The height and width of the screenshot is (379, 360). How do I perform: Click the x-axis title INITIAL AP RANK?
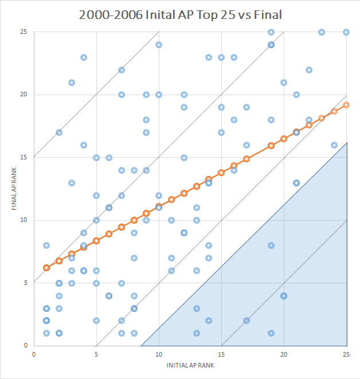point(190,365)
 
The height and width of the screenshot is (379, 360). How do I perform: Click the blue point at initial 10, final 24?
point(159,45)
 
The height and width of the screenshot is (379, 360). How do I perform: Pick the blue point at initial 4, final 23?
point(84,57)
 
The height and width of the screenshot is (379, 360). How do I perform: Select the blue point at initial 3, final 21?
point(71,83)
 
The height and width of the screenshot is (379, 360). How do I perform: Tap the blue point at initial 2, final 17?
point(59,132)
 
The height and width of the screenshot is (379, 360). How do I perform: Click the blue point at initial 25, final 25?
point(346,32)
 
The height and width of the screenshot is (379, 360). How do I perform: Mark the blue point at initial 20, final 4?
point(284,296)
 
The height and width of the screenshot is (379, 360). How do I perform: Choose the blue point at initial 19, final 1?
point(271,333)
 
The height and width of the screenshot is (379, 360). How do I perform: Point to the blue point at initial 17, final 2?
point(246,321)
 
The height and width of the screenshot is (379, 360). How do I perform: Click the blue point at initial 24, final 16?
point(334,145)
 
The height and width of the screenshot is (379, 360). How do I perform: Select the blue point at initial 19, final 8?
point(271,245)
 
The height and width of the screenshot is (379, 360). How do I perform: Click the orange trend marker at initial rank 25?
point(346,105)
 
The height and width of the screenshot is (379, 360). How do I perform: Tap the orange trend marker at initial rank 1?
point(46,268)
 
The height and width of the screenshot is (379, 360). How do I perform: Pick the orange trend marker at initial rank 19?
point(271,146)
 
